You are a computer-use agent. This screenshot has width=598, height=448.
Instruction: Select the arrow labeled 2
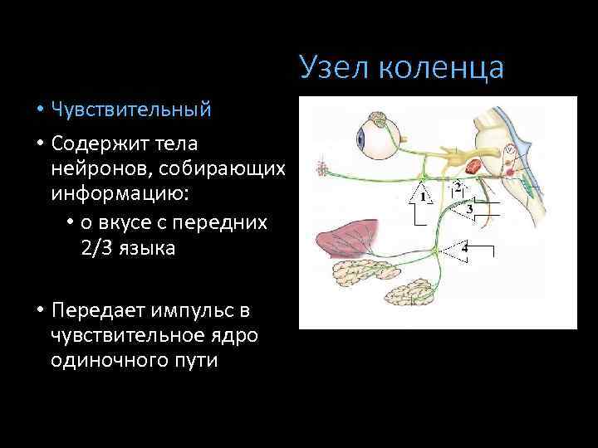457,186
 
